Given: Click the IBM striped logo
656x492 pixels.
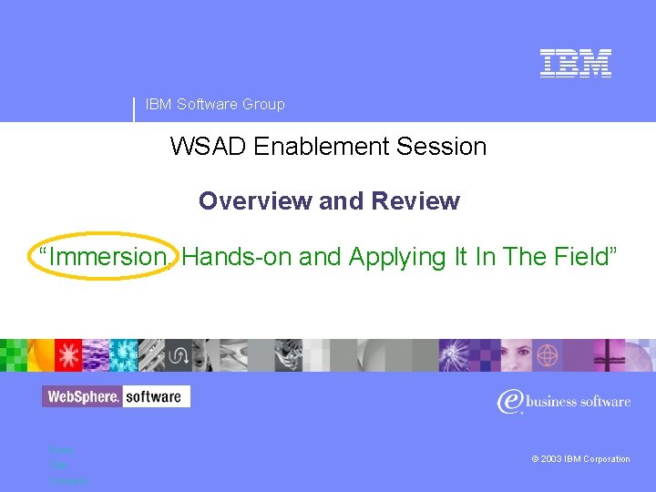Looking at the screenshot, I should pos(575,63).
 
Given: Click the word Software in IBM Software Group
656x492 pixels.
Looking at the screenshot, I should pos(207,105).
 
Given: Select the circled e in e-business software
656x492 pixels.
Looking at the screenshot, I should pos(509,401).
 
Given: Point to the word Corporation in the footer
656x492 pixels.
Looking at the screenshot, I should pos(605,459).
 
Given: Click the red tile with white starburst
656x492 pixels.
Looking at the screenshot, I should pos(67,354).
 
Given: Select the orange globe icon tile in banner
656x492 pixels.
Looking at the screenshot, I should pos(548,354).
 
